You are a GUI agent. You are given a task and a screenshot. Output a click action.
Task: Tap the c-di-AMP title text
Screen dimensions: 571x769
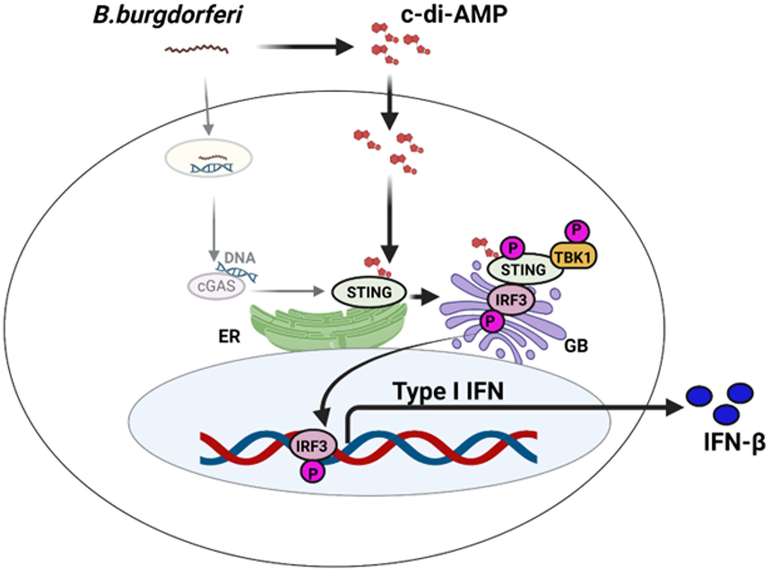(x=454, y=14)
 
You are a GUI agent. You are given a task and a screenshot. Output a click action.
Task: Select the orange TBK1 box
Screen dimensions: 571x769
(x=574, y=256)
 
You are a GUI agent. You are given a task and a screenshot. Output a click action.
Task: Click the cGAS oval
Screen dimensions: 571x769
(x=216, y=287)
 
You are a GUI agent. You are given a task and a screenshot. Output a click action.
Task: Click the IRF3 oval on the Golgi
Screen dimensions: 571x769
(x=511, y=300)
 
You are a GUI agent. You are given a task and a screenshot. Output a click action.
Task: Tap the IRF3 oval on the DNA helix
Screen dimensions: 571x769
(x=312, y=446)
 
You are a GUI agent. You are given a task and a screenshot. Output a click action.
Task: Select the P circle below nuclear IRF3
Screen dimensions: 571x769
(x=312, y=473)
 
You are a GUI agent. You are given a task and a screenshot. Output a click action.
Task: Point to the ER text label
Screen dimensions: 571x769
(x=229, y=337)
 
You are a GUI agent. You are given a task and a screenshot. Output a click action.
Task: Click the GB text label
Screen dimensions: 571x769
(x=576, y=346)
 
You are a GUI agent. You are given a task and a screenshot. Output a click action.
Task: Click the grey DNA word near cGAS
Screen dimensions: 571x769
(x=239, y=258)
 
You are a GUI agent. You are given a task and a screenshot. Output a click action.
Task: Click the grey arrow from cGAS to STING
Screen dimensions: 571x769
(x=286, y=291)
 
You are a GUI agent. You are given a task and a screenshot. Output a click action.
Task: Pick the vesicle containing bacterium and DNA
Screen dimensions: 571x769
(x=208, y=159)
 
